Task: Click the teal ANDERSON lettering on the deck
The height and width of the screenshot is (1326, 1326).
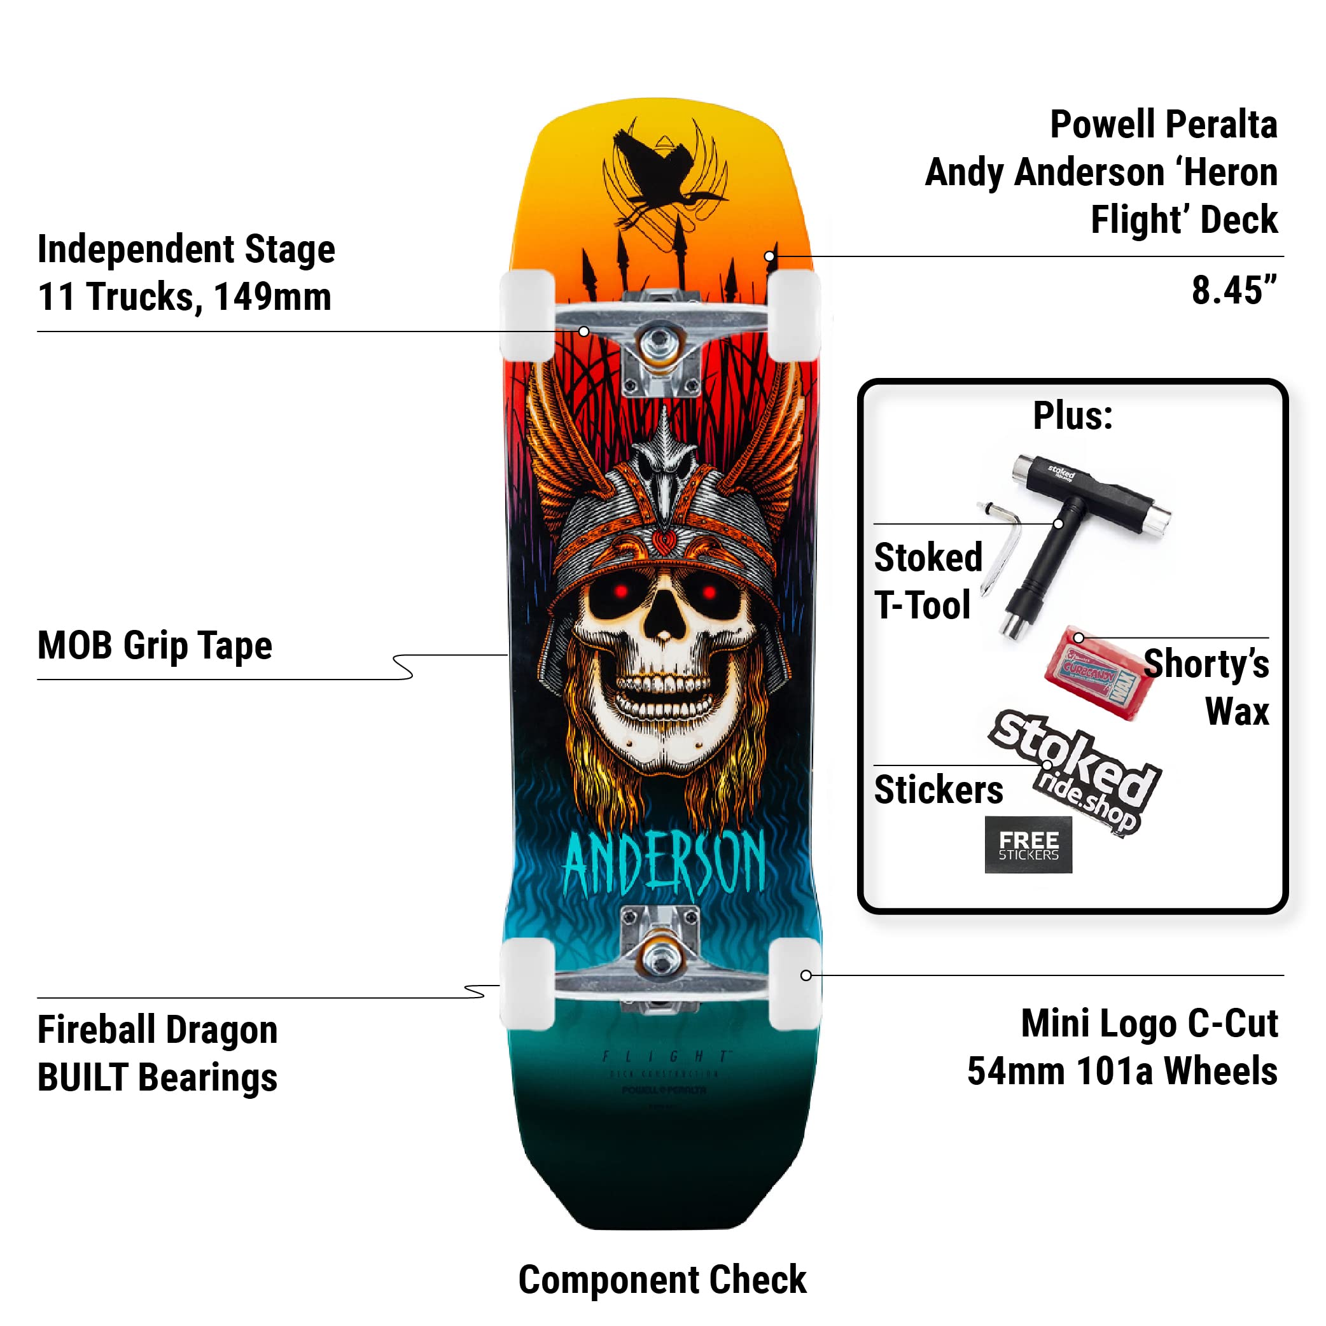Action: (x=664, y=863)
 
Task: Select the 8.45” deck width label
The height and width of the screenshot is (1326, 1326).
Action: (x=1234, y=291)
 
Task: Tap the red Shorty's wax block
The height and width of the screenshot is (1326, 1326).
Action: (x=1092, y=673)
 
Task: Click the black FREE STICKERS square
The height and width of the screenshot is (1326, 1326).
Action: (x=1028, y=845)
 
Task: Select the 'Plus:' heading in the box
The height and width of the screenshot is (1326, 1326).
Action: (x=1073, y=416)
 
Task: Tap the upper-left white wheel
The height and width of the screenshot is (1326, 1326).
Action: (x=527, y=316)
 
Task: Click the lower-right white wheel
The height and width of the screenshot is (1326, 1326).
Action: (x=795, y=984)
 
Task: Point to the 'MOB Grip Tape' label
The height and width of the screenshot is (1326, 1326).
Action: (x=155, y=646)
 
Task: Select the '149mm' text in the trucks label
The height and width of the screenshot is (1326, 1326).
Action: (x=272, y=297)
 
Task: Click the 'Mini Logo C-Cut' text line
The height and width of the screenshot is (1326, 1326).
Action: (x=1149, y=1023)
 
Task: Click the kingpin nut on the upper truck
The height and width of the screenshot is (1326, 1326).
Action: (x=660, y=340)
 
